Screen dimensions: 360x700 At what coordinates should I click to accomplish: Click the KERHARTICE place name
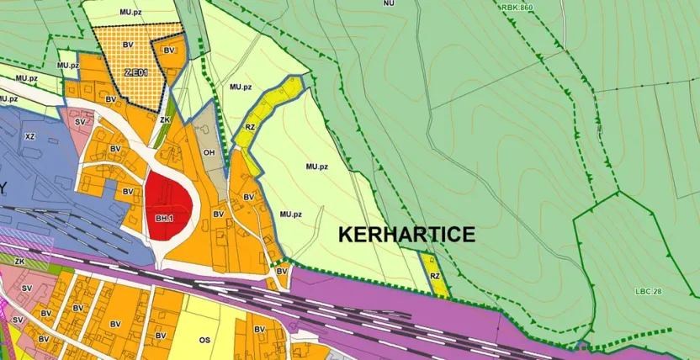[406, 236]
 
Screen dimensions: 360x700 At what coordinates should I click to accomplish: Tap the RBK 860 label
[516, 7]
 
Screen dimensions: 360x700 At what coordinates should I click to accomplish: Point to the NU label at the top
[389, 3]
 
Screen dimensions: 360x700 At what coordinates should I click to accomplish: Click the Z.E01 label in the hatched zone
[135, 73]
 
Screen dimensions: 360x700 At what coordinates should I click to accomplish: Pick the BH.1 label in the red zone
[164, 219]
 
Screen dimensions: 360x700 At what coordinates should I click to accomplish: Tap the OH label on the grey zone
[209, 153]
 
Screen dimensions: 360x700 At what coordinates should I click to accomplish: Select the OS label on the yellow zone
[204, 341]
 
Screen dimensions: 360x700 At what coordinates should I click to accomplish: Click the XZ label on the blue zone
[31, 135]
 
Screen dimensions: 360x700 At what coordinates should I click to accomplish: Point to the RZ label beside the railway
[435, 276]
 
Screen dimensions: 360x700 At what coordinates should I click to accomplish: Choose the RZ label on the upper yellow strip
[250, 128]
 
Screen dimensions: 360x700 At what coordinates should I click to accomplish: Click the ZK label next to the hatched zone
[166, 119]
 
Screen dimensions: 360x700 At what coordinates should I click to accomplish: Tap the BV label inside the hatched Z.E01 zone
[128, 44]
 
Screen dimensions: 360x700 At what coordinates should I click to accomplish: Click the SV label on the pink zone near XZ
[81, 122]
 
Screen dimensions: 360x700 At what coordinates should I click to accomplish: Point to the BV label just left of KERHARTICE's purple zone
[283, 271]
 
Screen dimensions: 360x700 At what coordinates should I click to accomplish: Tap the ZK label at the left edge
[19, 262]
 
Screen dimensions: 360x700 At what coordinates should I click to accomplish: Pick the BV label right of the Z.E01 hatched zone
[169, 51]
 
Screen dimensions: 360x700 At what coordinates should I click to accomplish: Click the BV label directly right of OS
[259, 329]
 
